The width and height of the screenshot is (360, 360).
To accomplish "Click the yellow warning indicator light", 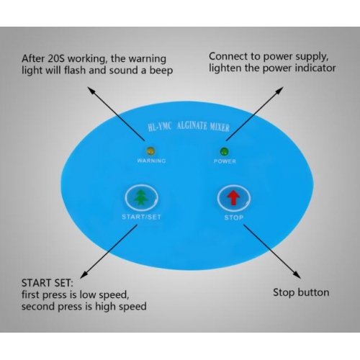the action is click(x=151, y=151).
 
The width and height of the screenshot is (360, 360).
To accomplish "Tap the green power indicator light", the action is click(x=225, y=151).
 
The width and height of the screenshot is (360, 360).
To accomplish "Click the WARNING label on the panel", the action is click(x=151, y=161).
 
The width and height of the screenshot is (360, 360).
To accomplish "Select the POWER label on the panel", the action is click(x=225, y=161).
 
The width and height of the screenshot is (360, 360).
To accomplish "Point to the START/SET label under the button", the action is click(x=141, y=217).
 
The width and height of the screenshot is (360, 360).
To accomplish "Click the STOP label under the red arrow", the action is click(x=234, y=217).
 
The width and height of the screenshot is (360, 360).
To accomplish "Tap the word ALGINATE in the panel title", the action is click(x=192, y=126).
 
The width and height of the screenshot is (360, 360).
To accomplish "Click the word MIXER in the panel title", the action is click(x=220, y=127).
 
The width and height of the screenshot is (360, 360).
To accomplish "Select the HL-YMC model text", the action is click(x=160, y=126).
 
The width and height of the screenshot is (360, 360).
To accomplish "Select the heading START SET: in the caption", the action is click(x=47, y=283).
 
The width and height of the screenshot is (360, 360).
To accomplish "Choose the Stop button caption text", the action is click(x=301, y=293).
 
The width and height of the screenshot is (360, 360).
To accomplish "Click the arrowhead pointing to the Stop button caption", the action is click(x=297, y=276).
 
